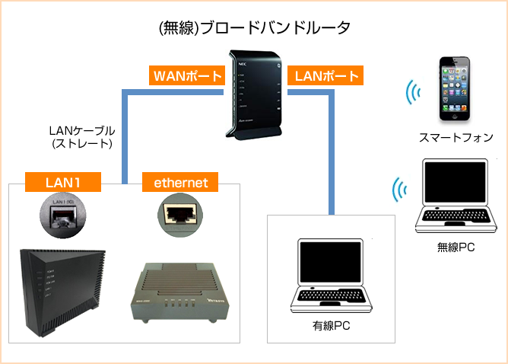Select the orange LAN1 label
[x=63, y=182]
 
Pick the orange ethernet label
[x=181, y=182]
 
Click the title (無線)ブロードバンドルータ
[x=254, y=28]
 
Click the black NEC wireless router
[x=255, y=94]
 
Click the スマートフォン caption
[x=456, y=138]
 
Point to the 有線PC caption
[x=333, y=327]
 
